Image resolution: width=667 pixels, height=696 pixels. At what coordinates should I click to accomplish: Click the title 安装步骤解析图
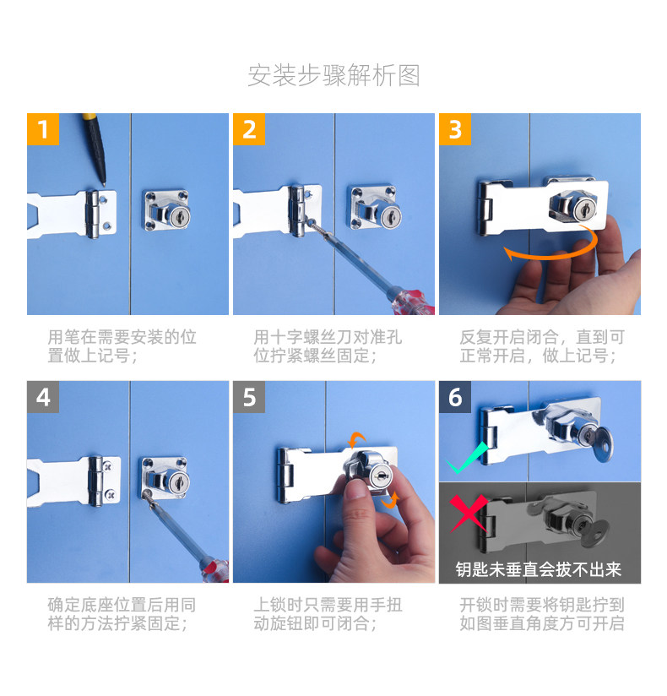[x=333, y=75]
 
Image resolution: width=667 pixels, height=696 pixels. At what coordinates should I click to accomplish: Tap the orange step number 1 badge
[x=43, y=129]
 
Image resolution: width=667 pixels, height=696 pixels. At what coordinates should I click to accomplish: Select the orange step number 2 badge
[x=249, y=129]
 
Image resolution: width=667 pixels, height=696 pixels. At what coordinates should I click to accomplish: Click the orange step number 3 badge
[x=455, y=129]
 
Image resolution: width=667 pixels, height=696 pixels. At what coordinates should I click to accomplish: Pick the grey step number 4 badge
[x=43, y=397]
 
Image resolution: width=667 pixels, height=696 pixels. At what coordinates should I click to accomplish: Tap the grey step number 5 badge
[x=249, y=397]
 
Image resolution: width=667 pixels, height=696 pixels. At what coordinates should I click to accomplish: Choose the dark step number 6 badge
[x=455, y=397]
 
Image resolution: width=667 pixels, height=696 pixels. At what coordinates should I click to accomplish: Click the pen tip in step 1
[x=104, y=184]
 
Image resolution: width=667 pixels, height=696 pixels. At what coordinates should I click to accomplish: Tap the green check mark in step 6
[x=467, y=459]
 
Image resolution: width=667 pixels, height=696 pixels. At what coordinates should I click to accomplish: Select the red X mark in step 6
[x=469, y=513]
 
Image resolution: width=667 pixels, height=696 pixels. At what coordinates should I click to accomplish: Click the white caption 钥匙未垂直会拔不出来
[x=539, y=569]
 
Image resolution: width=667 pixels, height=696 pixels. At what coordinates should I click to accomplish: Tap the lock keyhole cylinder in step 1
[x=180, y=217]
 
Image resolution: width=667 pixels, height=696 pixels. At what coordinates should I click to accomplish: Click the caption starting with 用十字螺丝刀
[x=328, y=346]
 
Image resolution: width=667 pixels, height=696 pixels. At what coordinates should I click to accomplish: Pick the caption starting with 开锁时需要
[x=542, y=614]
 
